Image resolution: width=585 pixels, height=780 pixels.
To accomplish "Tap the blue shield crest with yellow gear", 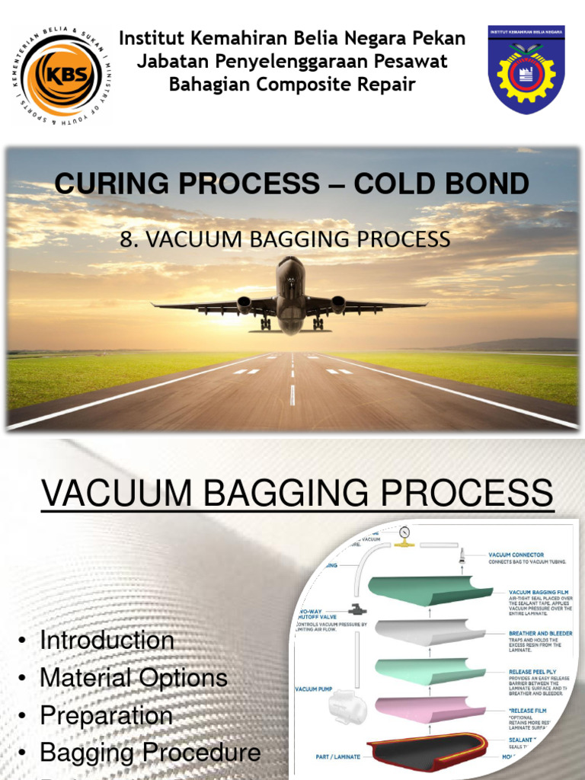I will (x=526, y=70).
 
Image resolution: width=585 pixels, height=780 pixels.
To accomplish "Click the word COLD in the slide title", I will (x=387, y=184).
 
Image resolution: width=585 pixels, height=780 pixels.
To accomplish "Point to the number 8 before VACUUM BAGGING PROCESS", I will (x=126, y=239).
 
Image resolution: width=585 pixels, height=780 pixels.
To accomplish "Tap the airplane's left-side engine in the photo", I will (x=245, y=304).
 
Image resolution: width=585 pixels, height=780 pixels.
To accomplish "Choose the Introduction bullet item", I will (x=107, y=640).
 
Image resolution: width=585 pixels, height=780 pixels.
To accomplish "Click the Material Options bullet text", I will (x=133, y=677).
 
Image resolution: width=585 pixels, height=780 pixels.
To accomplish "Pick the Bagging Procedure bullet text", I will (x=150, y=753).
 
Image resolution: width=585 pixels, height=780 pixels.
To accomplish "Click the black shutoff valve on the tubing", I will (x=354, y=609).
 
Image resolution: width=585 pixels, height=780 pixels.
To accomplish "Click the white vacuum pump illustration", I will (x=347, y=708).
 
